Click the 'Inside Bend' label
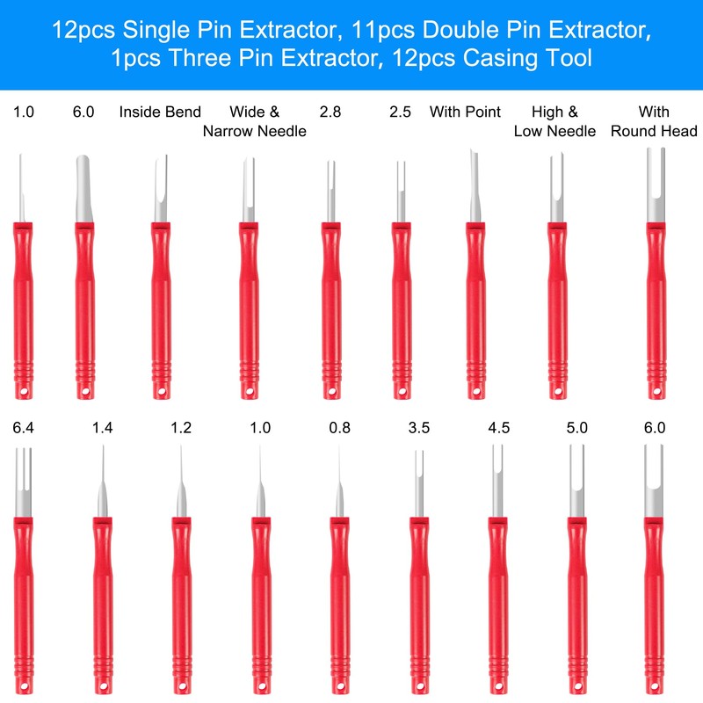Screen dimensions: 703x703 pos(160,112)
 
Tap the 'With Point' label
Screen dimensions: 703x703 pos(465,112)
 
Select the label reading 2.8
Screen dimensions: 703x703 pos(330,112)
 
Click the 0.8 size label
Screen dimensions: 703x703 pos(338,428)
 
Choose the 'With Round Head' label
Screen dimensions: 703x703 pos(654,121)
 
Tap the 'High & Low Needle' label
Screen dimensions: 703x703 pos(554,121)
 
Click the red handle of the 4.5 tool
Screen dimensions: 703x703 pos(497,598)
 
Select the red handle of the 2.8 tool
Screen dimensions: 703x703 pos(330,299)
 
